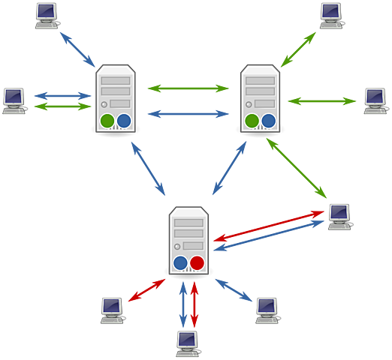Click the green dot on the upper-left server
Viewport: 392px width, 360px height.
pyautogui.click(x=107, y=120)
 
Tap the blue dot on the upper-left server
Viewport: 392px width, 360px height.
pyautogui.click(x=124, y=120)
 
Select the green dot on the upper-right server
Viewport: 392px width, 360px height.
pyautogui.click(x=252, y=120)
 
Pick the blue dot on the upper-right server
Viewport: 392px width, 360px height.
pyautogui.click(x=269, y=120)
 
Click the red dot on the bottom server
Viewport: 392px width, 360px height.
pyautogui.click(x=197, y=262)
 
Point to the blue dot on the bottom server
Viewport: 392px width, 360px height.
pyautogui.click(x=180, y=262)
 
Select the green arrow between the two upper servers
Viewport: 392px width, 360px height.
pyautogui.click(x=188, y=88)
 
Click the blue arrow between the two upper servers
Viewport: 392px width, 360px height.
pyautogui.click(x=188, y=114)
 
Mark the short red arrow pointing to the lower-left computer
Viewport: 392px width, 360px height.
pyautogui.click(x=147, y=290)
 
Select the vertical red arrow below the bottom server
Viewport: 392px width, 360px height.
pyautogui.click(x=195, y=303)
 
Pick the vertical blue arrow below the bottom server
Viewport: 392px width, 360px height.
pyautogui.click(x=181, y=303)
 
